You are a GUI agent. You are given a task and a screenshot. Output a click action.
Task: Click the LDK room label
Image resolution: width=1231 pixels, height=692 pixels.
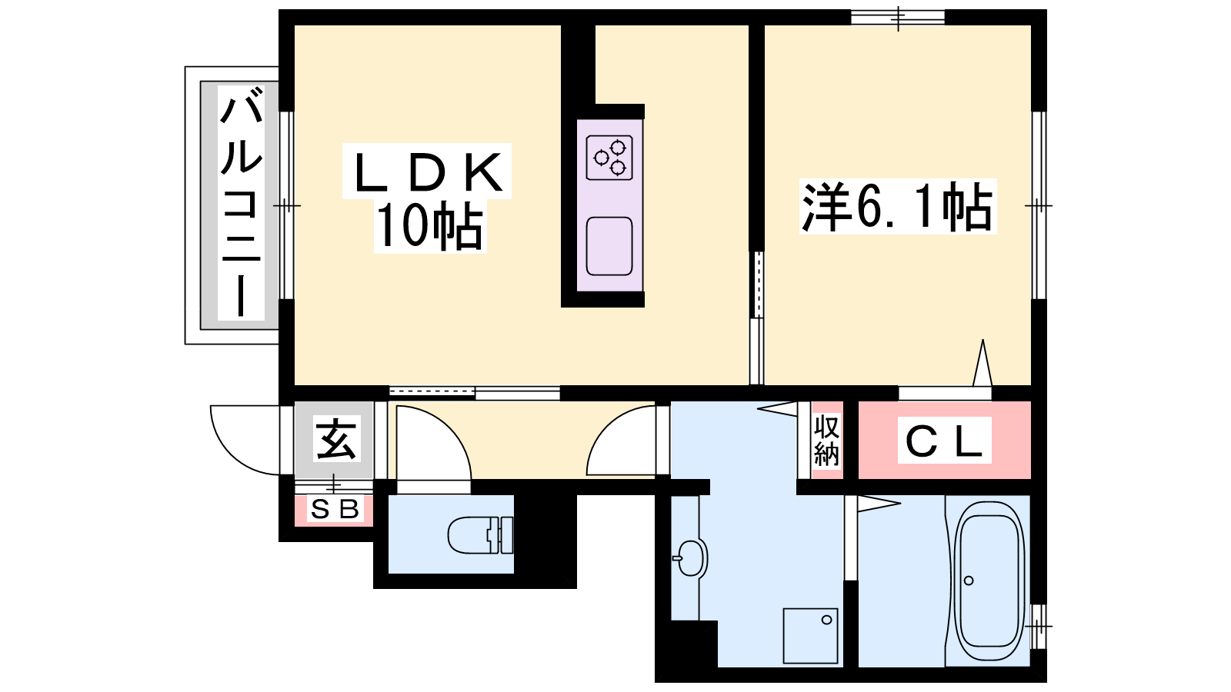pos(428,171)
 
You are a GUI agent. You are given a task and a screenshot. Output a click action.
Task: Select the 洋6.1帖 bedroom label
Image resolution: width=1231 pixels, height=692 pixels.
pos(898,207)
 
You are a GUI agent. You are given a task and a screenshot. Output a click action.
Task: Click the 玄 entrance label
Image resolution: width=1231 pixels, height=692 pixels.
pos(335,439)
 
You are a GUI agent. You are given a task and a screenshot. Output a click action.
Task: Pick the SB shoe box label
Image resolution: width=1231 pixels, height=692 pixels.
pos(334,510)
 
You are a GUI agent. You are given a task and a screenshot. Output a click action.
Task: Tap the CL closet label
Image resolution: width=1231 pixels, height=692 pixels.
pos(943,441)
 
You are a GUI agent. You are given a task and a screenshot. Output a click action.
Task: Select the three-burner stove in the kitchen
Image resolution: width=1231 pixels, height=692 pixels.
pos(609,158)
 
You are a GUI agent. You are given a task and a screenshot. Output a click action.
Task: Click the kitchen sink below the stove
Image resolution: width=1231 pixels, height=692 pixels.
pos(609,246)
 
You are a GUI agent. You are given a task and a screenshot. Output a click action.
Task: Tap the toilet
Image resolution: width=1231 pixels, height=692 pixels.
pos(480,535)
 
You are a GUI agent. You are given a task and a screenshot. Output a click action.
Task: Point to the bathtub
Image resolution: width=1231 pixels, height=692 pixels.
pos(989,581)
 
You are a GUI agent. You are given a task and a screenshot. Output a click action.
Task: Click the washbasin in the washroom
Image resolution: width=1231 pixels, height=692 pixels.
pos(690,558)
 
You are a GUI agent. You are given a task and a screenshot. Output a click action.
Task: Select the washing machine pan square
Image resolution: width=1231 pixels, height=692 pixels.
pos(811,635)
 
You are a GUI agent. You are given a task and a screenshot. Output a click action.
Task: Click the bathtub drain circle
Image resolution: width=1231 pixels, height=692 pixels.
pos(969,581)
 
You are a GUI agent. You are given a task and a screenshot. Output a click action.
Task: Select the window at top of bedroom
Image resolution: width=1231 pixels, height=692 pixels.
pos(898,18)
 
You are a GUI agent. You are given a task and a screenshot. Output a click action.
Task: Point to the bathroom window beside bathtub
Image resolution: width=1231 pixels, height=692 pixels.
pos(1039,626)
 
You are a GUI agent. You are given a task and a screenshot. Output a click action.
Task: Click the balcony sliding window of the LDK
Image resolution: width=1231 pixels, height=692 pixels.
pos(285,205)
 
